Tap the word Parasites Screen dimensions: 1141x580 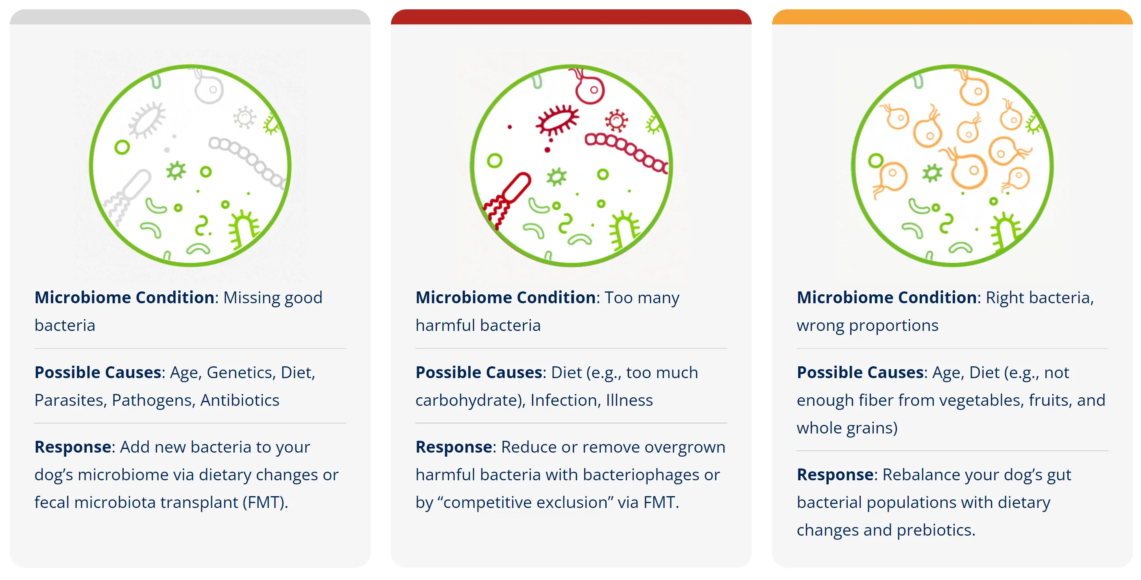point(70,401)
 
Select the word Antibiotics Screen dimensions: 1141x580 point(240,401)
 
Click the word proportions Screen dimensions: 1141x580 point(893,326)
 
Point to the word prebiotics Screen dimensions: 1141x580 point(936,530)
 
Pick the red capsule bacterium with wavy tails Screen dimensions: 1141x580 point(508,199)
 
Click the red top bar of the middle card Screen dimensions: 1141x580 point(571,17)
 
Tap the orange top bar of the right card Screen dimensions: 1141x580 point(952,17)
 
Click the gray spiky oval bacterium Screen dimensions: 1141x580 point(146,120)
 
